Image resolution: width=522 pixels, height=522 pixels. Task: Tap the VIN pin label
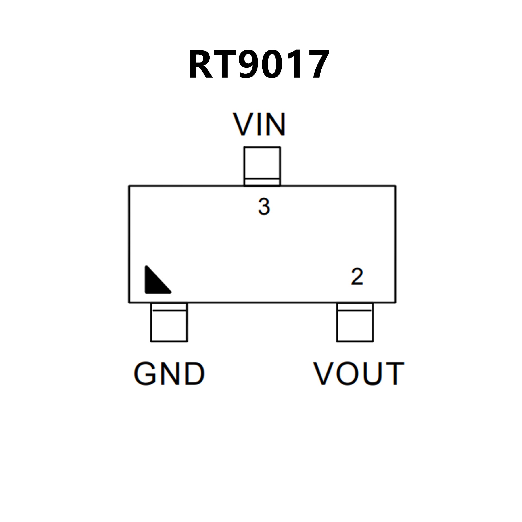259,124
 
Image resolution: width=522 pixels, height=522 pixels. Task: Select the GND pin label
169,374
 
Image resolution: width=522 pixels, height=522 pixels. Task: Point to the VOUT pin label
359,374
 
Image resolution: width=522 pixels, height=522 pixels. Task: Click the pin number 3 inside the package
264,207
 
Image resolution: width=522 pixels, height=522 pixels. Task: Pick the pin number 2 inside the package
357,277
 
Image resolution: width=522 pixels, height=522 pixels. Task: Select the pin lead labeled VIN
262,166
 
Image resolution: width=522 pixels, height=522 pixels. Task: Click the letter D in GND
195,374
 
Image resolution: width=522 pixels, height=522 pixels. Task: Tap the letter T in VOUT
393,374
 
